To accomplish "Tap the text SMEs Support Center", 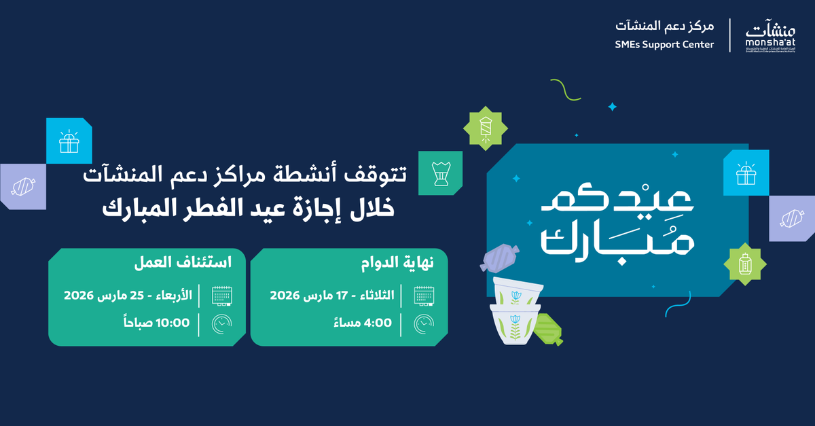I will (665, 45).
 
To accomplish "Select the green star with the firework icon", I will (485, 128).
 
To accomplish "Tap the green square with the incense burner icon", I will (440, 173).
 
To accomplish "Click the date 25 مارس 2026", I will (128, 296).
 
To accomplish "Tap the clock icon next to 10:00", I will (221, 324).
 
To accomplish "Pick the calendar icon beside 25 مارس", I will (221, 296).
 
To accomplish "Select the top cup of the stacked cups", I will (517, 292).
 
